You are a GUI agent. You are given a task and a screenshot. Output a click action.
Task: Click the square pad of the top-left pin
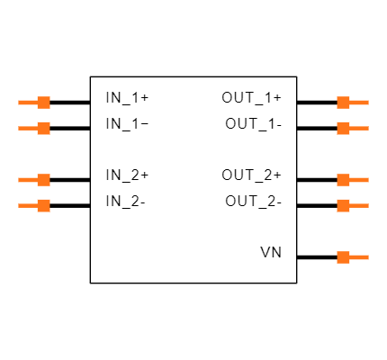[x=43, y=103]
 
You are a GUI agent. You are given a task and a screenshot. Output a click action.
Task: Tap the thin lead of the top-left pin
[x=28, y=103]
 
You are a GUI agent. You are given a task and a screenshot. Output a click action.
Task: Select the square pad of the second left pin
[x=43, y=128]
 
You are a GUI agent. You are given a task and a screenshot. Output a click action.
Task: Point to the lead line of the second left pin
[x=28, y=128]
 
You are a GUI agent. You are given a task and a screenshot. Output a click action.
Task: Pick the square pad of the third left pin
[x=43, y=180]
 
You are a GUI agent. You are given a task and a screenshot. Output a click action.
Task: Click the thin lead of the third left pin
[x=28, y=180]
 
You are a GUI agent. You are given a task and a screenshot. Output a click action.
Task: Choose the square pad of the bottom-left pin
[x=43, y=205]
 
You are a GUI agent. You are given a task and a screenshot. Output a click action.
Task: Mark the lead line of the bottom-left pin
[x=28, y=205]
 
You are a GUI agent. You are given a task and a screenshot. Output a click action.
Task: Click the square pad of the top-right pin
[x=343, y=103]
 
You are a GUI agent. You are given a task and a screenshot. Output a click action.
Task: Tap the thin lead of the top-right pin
[x=359, y=103]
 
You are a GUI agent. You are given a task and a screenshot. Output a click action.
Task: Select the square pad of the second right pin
[x=343, y=128]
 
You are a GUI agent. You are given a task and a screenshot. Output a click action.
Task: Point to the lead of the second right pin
[x=359, y=128]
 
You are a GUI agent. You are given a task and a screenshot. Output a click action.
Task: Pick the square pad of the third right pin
[x=343, y=180]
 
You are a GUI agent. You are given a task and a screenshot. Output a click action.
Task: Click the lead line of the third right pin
[x=359, y=180]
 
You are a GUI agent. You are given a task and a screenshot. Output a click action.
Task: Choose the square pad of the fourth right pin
[x=343, y=205]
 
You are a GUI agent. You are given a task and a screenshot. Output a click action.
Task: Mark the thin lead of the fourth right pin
[x=359, y=205]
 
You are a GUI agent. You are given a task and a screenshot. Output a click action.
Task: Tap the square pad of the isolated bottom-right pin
[x=343, y=257]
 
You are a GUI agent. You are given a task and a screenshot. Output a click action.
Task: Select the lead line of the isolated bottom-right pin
[x=359, y=257]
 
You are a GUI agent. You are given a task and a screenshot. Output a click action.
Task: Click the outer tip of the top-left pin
[x=19, y=103]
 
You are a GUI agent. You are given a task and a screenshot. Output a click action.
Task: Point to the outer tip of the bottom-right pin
[x=367, y=257]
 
